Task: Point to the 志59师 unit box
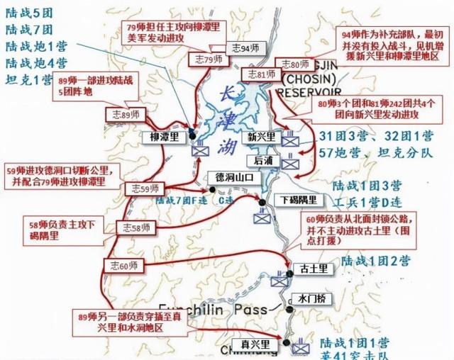[143, 189]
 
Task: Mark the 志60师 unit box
[123, 265]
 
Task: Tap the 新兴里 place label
[261, 137]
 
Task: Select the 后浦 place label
[262, 162]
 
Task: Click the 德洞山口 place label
[230, 177]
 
